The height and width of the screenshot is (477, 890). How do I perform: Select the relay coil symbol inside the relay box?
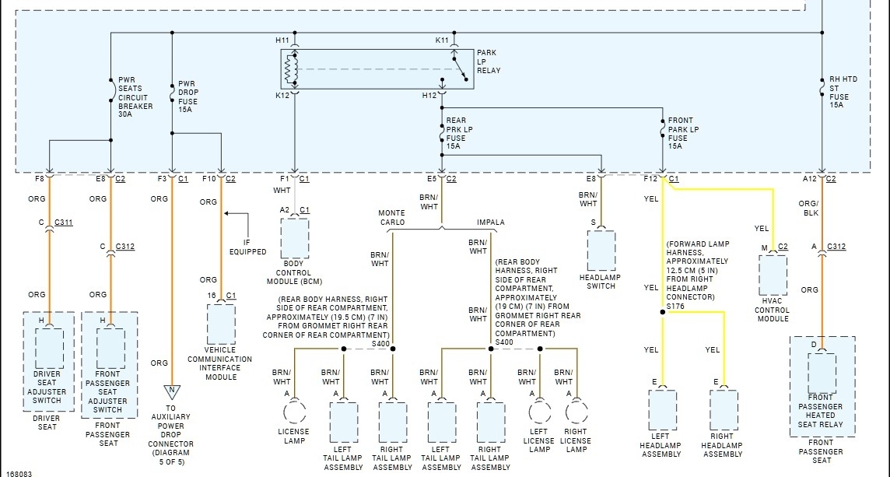coord(291,69)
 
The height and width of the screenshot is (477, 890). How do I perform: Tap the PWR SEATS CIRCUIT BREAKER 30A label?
coord(135,97)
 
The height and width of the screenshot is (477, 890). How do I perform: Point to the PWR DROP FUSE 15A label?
coord(187,96)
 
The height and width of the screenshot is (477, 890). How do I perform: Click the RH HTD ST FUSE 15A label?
coord(843,92)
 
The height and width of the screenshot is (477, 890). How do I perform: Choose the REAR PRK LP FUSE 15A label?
coord(459,133)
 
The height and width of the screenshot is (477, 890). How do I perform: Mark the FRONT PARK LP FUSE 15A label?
coord(683,133)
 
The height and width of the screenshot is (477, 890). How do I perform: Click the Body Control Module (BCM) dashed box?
coord(295,238)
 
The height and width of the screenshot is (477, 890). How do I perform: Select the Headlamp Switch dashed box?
coord(601,251)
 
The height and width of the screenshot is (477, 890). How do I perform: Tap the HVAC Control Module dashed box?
coord(773,275)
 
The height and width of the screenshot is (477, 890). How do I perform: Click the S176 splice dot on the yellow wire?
coord(662,312)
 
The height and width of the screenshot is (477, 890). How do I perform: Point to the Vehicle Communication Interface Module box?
coord(221,324)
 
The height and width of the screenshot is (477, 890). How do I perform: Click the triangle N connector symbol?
coord(172,392)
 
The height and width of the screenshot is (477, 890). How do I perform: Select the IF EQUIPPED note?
coord(247,247)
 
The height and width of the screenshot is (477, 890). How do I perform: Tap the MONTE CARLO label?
coord(392,217)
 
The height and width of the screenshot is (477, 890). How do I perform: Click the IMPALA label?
coord(490,222)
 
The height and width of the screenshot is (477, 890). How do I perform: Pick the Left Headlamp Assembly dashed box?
coord(662,409)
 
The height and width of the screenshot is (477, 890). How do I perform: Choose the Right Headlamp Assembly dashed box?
coord(724,409)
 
